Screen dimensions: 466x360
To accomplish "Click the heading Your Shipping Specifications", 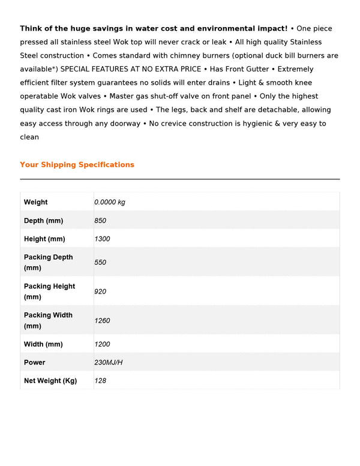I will [77, 165].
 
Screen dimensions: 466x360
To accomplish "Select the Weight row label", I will [36, 202].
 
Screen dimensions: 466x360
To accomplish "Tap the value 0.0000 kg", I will [110, 202].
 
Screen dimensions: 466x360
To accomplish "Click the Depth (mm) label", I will [43, 221].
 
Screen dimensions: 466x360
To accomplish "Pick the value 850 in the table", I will [100, 221].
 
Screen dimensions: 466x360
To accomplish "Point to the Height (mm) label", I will [44, 239].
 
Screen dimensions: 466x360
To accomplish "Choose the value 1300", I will [102, 239].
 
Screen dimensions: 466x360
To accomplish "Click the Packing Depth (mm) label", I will [48, 262].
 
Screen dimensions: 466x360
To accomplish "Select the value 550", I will [100, 262].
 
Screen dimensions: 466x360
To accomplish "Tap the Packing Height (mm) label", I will [49, 291].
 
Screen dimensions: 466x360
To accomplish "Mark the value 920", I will [100, 291].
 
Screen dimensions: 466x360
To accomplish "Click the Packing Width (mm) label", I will [48, 320].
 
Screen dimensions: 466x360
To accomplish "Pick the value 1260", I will [102, 321].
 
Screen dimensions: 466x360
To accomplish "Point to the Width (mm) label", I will [43, 345].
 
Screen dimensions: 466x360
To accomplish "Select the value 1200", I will [102, 345].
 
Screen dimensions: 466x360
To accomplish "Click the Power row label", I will [35, 363].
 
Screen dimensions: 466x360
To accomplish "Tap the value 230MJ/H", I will [109, 363].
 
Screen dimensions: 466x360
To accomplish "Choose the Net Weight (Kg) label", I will [50, 381].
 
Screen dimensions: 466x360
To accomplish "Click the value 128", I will [100, 381].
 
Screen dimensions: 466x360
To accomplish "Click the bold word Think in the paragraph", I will [31, 28].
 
